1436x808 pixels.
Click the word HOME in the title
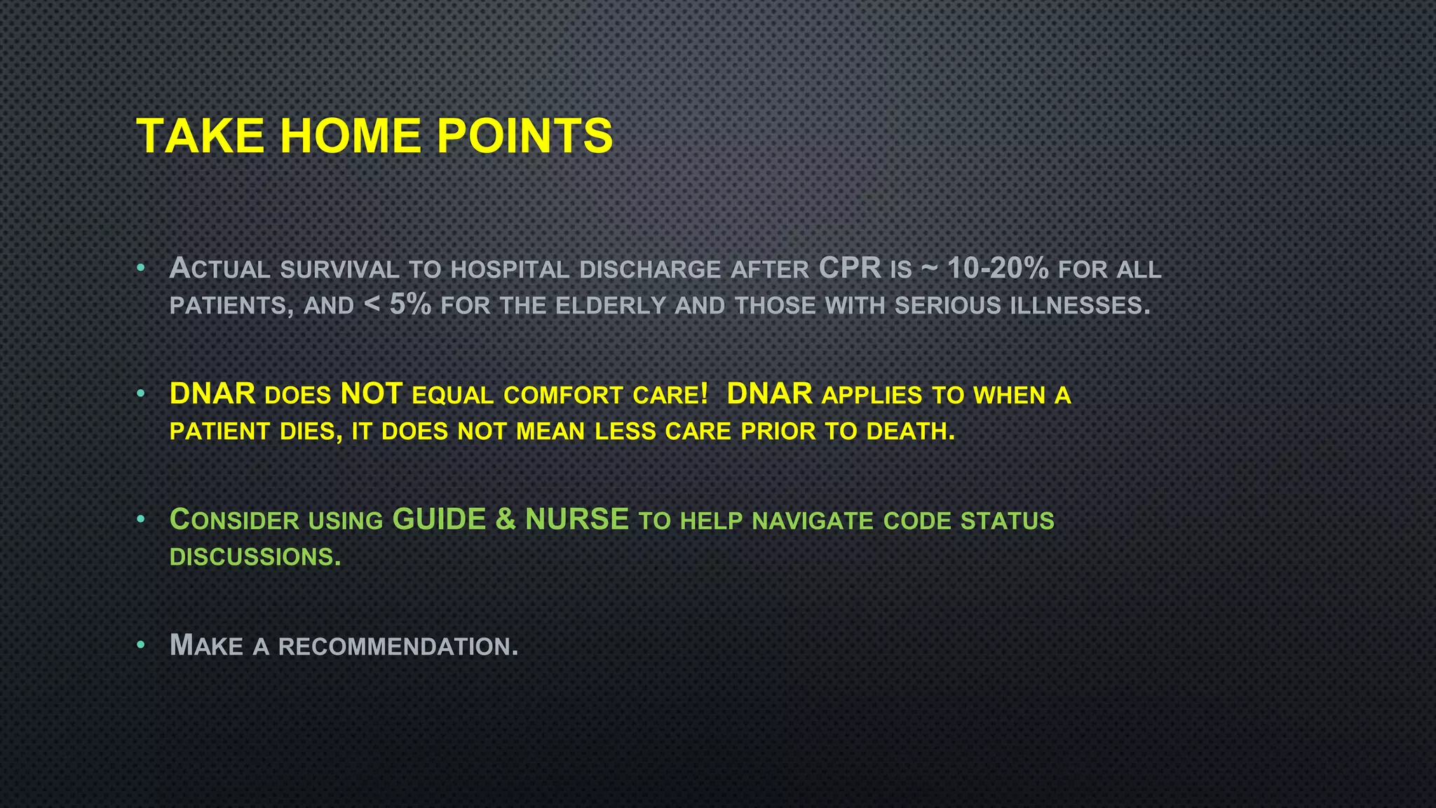[350, 135]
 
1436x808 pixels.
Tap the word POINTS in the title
[524, 135]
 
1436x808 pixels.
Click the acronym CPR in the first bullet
[850, 268]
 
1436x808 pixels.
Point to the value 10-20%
[998, 268]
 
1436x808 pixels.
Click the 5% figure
[410, 304]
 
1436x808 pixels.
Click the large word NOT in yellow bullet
[372, 393]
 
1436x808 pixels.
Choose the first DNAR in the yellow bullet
[212, 393]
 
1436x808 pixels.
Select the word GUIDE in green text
[439, 519]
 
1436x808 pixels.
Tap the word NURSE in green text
[576, 519]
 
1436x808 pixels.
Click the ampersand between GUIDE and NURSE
[505, 519]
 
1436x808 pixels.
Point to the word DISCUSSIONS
[255, 557]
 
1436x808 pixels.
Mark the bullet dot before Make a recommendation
[141, 645]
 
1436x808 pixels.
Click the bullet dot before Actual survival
[141, 268]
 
